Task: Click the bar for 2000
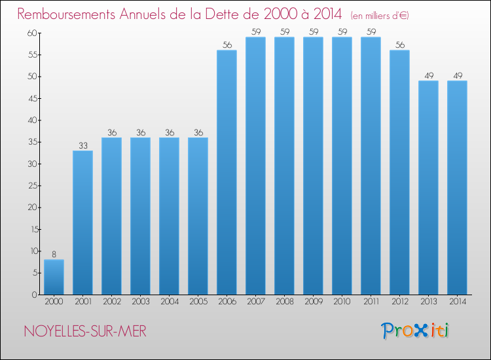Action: tap(54, 277)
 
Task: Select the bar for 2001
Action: tap(82, 223)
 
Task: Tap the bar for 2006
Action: tap(227, 172)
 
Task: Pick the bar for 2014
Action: tap(457, 187)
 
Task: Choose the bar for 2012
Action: tap(399, 172)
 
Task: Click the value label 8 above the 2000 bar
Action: tap(54, 255)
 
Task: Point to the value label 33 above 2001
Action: tap(82, 145)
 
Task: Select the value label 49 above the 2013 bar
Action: tap(428, 75)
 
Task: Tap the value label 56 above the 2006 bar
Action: tap(227, 45)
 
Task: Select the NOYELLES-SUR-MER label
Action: tap(85, 331)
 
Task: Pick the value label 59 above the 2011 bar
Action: tap(371, 32)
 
